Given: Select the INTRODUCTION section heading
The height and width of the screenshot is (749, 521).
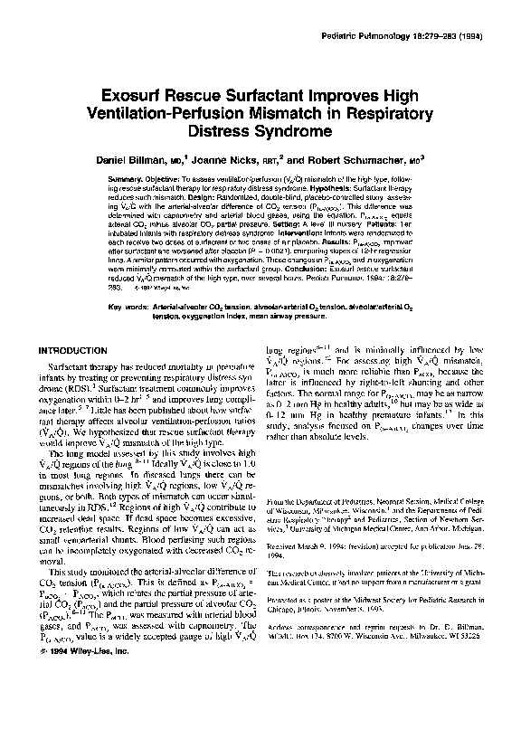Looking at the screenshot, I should pyautogui.click(x=72, y=350).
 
